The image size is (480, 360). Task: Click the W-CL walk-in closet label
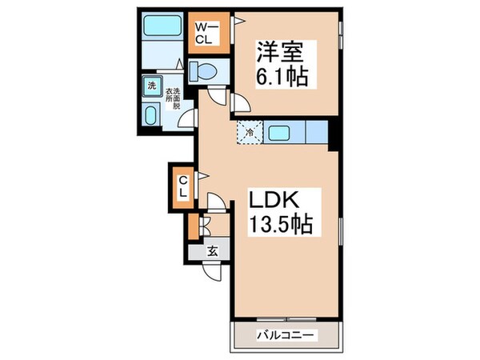pos(205,31)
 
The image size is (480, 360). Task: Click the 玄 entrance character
pos(213,250)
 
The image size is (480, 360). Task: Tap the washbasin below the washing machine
pos(150,114)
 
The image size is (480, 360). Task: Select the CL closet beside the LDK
pos(183,187)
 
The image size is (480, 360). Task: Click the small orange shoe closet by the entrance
pos(193,227)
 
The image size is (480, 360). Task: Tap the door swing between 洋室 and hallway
pos(238,102)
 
